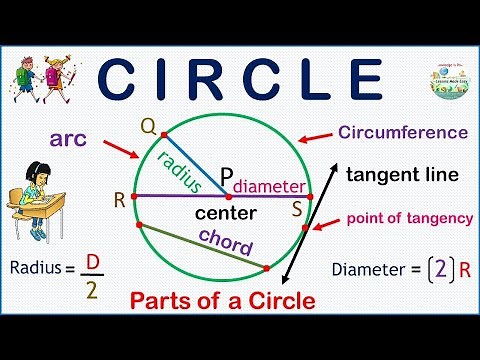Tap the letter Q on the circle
click(147, 126)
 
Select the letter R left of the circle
click(120, 199)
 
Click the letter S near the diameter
click(296, 209)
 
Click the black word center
click(226, 213)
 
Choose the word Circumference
click(403, 132)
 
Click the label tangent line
click(402, 174)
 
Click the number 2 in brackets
click(436, 268)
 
